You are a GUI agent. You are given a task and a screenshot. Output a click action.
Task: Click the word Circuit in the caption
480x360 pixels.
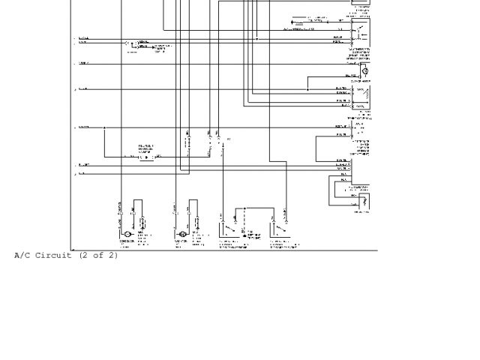53,256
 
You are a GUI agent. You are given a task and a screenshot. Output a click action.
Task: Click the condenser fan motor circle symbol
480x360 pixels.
127,235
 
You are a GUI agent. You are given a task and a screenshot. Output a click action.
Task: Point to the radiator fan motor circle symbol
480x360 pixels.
182,235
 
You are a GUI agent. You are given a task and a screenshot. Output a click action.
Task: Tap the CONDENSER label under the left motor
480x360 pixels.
127,241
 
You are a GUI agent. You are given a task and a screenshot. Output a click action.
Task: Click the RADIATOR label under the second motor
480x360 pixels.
181,241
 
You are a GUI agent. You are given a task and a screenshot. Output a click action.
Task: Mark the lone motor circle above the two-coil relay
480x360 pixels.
365,71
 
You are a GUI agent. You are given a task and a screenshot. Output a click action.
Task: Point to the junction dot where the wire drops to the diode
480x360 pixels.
104,127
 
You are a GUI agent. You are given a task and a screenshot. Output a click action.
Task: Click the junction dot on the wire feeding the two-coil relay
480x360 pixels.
307,89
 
